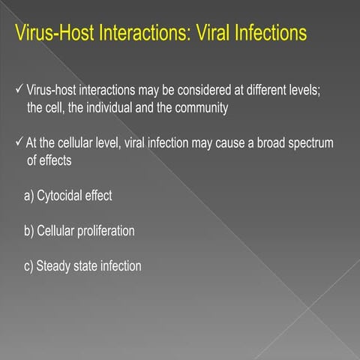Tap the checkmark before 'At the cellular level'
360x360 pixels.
point(20,143)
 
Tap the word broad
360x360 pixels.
point(274,143)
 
